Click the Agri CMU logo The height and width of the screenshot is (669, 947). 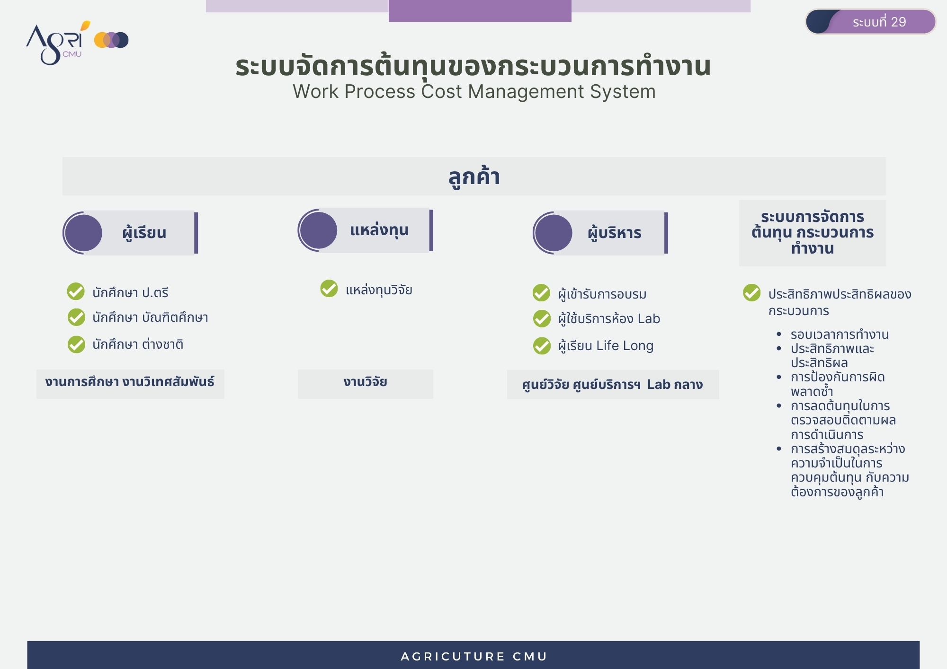[77, 43]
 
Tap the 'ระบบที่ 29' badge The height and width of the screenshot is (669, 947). [871, 22]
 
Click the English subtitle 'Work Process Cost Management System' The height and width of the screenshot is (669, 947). [474, 92]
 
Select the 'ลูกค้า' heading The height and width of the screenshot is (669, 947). [474, 176]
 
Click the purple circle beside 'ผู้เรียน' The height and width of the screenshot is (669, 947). [83, 233]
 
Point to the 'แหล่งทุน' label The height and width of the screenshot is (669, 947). [379, 230]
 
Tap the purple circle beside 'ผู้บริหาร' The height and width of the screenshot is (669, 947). [554, 233]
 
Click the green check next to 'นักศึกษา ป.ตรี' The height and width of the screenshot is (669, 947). [76, 291]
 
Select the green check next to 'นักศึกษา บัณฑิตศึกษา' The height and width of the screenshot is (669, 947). [76, 317]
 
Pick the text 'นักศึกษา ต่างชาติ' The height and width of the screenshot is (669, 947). [138, 344]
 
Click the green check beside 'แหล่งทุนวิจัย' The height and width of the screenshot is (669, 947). [329, 288]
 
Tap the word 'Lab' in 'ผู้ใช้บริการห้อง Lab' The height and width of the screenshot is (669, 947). [649, 319]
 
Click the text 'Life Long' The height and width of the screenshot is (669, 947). [625, 346]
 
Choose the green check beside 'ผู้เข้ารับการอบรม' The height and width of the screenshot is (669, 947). [542, 293]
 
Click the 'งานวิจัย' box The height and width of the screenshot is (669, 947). [366, 384]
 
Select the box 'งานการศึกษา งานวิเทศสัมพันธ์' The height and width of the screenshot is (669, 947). [130, 384]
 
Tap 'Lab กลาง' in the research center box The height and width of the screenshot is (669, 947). [675, 385]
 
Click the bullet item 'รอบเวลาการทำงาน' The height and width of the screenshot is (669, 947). [840, 334]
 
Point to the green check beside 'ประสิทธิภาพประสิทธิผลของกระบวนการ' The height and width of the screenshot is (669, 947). [752, 293]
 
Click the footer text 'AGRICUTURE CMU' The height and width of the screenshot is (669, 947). [474, 657]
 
